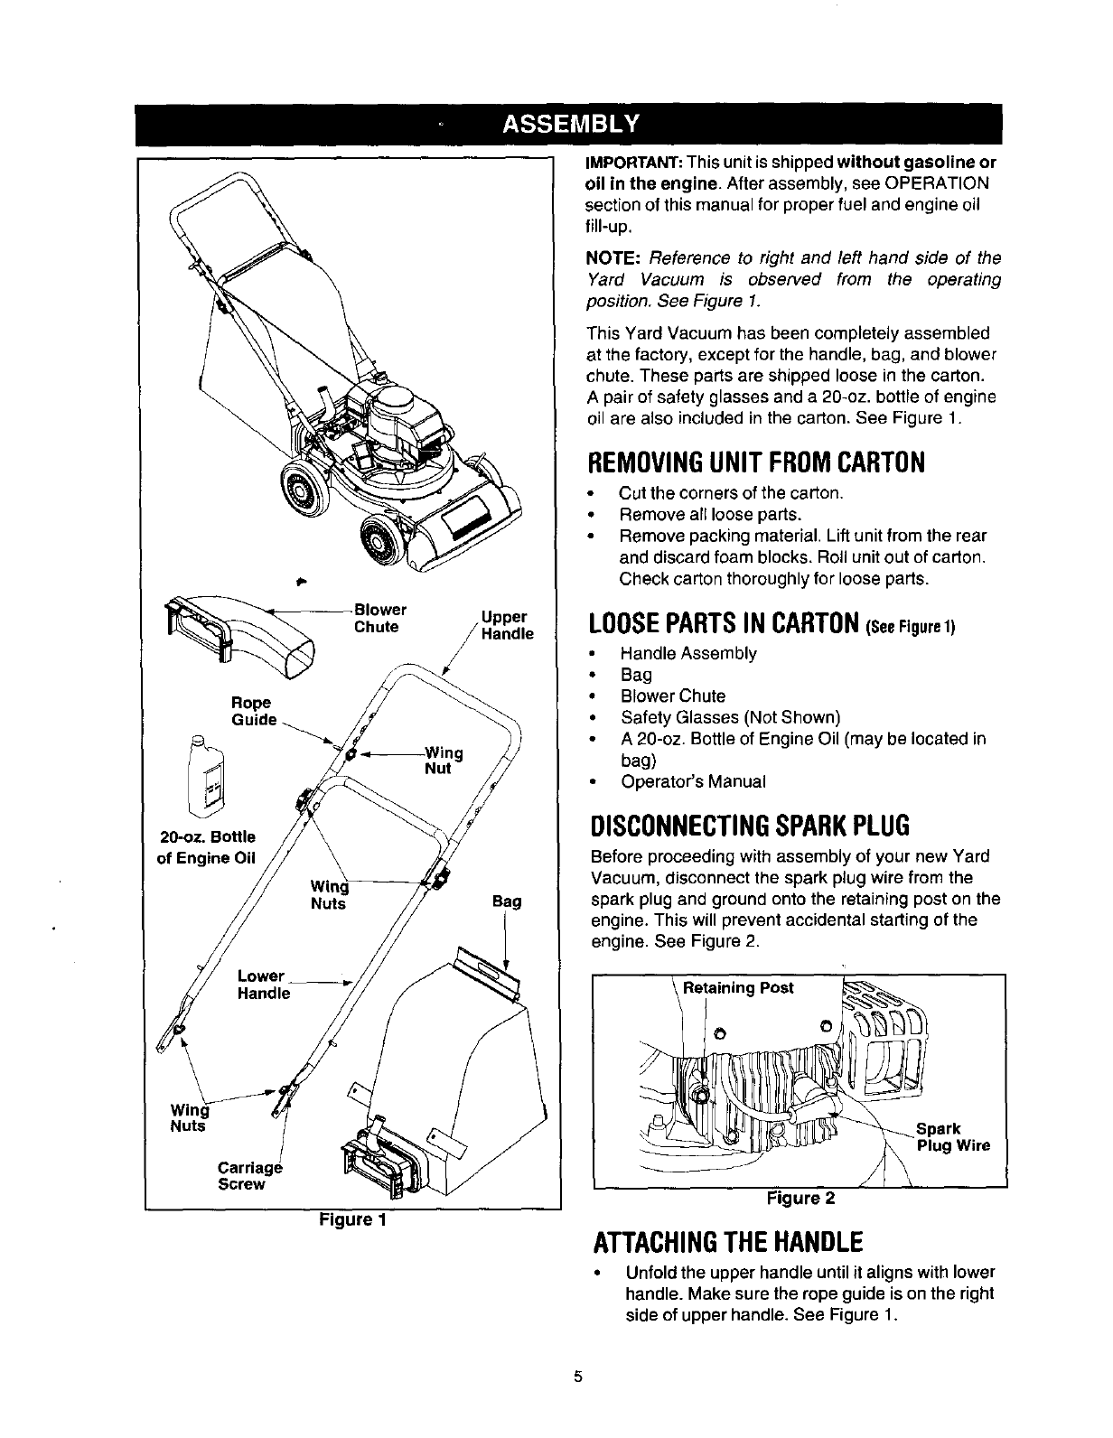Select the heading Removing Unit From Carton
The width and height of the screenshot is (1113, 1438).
(x=756, y=462)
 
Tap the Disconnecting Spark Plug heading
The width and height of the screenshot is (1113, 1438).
(x=747, y=826)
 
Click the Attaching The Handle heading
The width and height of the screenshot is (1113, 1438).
(x=725, y=1239)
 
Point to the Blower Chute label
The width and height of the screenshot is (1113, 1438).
(x=379, y=619)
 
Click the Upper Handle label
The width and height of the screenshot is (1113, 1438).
(x=507, y=625)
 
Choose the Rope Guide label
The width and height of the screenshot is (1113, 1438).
(x=253, y=711)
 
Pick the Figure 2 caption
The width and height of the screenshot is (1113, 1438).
(x=800, y=1199)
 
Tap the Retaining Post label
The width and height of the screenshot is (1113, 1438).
(x=738, y=987)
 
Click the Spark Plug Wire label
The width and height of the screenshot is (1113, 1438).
(x=952, y=1137)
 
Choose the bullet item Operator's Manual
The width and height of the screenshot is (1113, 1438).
(x=693, y=781)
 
